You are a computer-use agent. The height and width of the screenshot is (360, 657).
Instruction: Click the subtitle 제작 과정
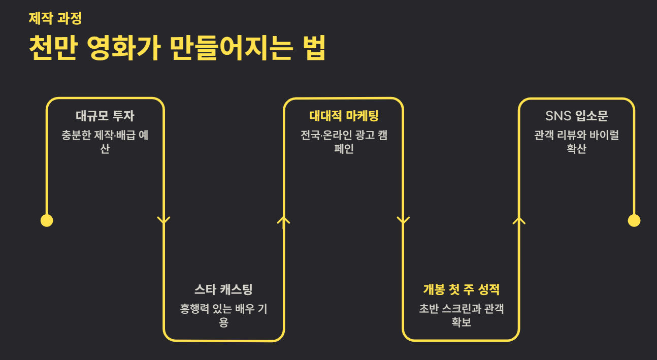pyautogui.click(x=55, y=18)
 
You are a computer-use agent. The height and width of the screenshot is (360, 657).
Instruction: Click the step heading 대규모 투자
pyautogui.click(x=105, y=116)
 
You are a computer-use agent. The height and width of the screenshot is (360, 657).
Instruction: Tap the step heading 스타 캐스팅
pyautogui.click(x=223, y=289)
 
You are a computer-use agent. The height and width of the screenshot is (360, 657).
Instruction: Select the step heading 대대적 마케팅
pyautogui.click(x=344, y=116)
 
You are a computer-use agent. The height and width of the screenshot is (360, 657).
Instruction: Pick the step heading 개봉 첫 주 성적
pyautogui.click(x=461, y=289)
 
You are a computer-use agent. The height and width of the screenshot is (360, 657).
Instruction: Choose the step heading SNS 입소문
pyautogui.click(x=576, y=116)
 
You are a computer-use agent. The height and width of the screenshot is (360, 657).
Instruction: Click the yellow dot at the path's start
pyautogui.click(x=47, y=220)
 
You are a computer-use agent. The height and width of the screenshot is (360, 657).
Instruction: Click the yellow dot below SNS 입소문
pyautogui.click(x=634, y=220)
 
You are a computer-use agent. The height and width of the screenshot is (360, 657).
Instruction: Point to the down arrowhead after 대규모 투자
pyautogui.click(x=163, y=220)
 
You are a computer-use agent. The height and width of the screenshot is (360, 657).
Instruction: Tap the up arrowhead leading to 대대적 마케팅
pyautogui.click(x=283, y=220)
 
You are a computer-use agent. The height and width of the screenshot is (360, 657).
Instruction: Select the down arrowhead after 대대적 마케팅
pyautogui.click(x=403, y=220)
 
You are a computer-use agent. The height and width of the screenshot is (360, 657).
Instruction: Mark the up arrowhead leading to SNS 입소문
pyautogui.click(x=518, y=220)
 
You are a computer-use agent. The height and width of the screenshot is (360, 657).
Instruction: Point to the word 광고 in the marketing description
pyautogui.click(x=361, y=136)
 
